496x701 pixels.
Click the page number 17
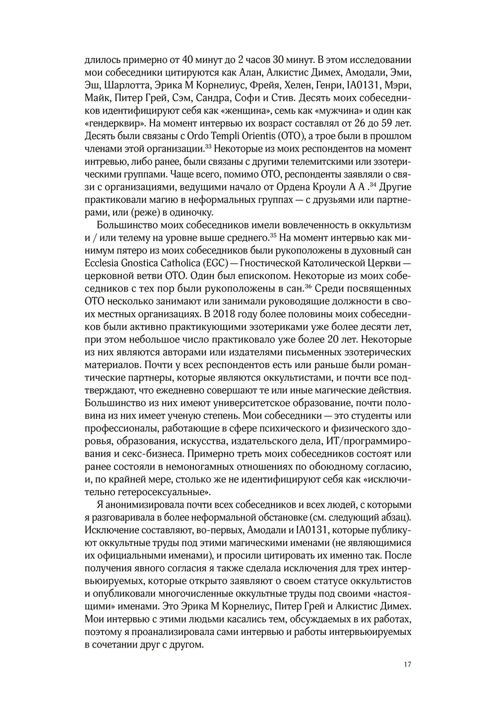tap(407, 665)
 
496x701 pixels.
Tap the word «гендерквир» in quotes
tap(110, 123)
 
